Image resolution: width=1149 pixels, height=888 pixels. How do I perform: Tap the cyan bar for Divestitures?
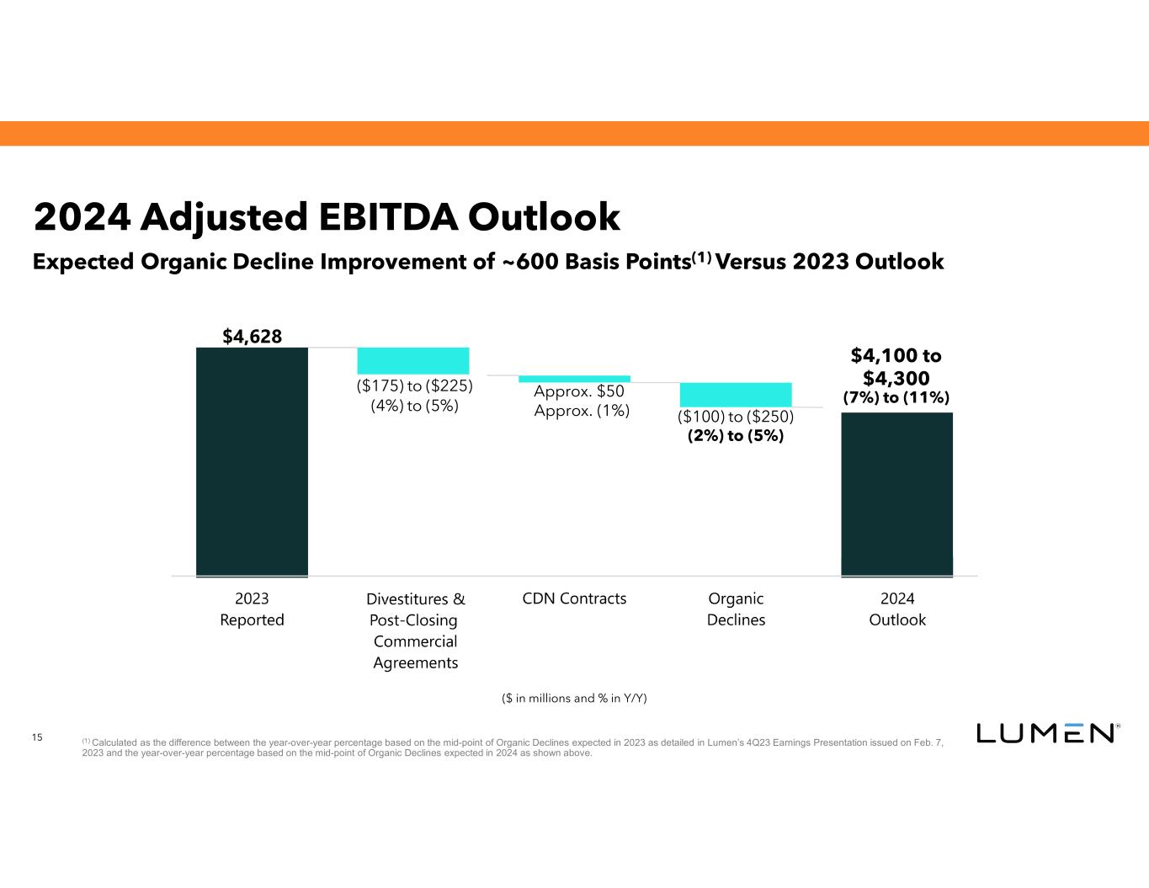click(x=413, y=360)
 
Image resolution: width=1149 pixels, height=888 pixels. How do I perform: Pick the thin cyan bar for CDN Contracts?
click(x=574, y=379)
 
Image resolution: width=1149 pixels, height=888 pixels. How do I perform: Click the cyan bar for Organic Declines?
click(x=736, y=395)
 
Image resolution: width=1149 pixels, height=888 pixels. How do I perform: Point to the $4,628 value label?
click(x=252, y=337)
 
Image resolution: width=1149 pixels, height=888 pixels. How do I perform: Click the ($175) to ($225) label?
click(x=414, y=386)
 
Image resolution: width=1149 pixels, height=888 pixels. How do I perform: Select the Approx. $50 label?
click(x=579, y=391)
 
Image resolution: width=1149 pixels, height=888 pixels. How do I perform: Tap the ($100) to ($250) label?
click(x=736, y=417)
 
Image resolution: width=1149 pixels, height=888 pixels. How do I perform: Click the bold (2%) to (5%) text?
click(x=736, y=436)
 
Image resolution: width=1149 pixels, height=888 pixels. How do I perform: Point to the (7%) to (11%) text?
click(x=896, y=397)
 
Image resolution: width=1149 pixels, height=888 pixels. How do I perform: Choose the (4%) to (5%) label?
click(x=414, y=406)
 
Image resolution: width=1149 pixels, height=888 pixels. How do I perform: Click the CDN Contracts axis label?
click(x=574, y=598)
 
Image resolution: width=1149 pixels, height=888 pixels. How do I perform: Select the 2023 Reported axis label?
click(x=252, y=609)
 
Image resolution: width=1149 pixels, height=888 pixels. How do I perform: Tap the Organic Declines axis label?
click(x=736, y=609)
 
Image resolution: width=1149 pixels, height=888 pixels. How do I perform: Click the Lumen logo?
click(x=1046, y=733)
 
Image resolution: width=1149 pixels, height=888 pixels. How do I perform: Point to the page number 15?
click(x=37, y=738)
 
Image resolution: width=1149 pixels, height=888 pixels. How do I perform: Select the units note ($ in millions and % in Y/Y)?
click(x=574, y=698)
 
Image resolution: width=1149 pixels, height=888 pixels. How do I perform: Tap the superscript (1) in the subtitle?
click(x=703, y=256)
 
